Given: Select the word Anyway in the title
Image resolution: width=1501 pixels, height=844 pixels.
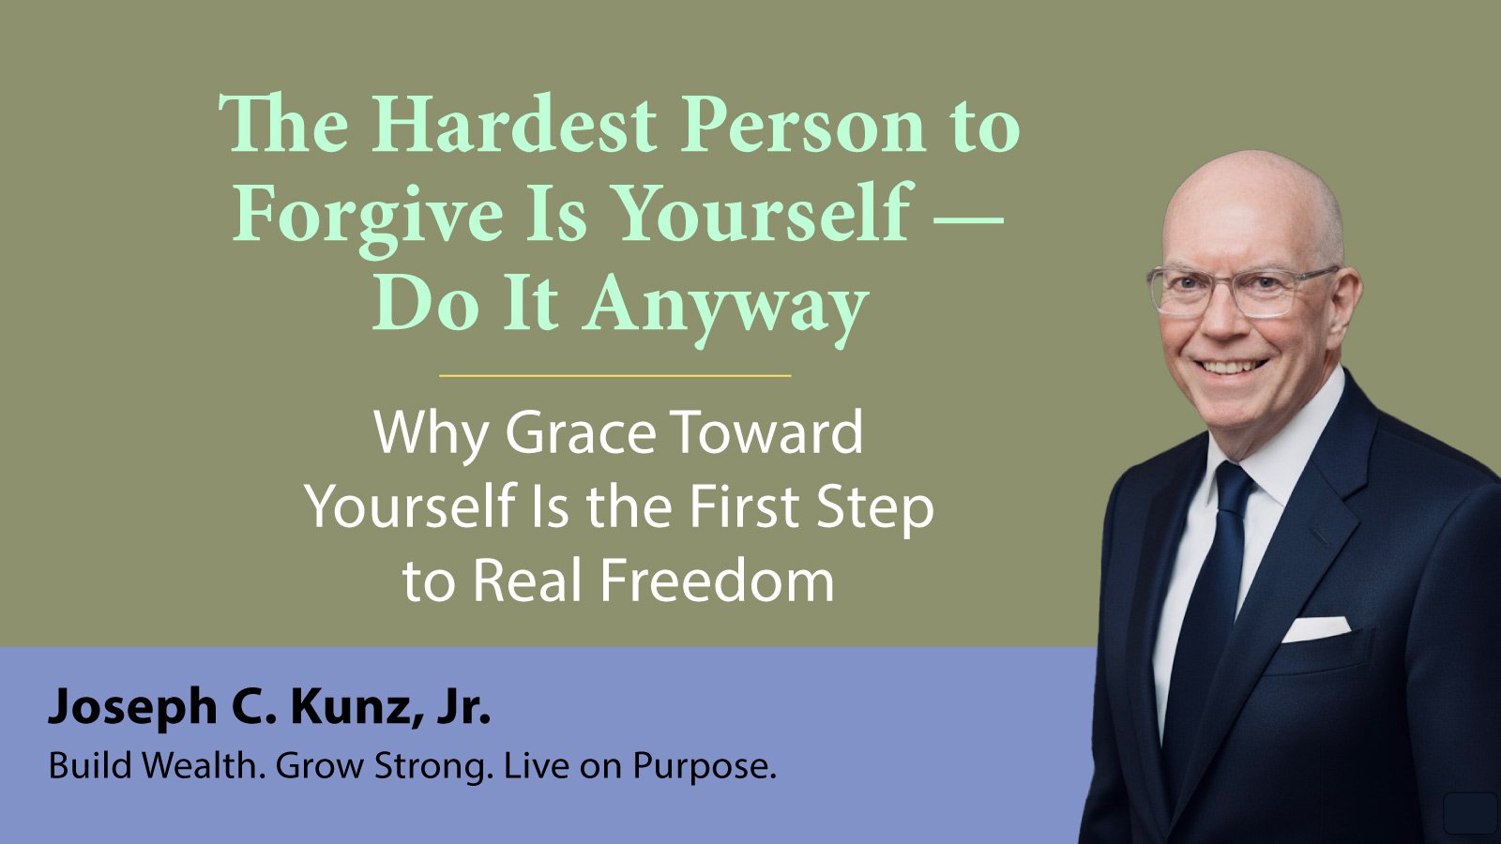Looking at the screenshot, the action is pyautogui.click(x=725, y=309).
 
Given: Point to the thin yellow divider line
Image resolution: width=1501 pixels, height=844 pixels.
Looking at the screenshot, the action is pyautogui.click(x=615, y=376).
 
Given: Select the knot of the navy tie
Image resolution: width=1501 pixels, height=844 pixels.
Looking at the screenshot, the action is pyautogui.click(x=1234, y=487).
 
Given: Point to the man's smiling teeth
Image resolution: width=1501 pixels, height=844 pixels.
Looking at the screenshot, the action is pyautogui.click(x=1231, y=367).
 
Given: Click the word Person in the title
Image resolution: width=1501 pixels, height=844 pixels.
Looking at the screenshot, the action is pyautogui.click(x=802, y=126).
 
